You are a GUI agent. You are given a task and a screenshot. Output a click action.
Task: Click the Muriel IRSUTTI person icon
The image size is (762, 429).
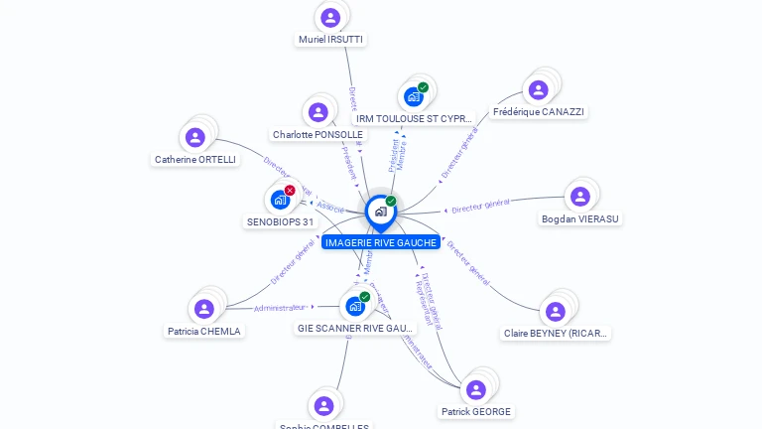pyautogui.click(x=330, y=17)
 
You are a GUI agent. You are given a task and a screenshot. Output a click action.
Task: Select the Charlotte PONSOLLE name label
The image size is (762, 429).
pyautogui.click(x=317, y=135)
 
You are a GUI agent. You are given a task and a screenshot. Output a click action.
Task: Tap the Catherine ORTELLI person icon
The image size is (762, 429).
pyautogui.click(x=195, y=137)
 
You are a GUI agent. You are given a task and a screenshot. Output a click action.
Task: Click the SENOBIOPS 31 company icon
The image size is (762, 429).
pyautogui.click(x=280, y=200)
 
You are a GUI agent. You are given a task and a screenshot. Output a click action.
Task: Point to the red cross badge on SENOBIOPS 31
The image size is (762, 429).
pyautogui.click(x=290, y=190)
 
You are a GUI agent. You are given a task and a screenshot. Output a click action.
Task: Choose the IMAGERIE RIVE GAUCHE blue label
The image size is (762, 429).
pyautogui.click(x=381, y=242)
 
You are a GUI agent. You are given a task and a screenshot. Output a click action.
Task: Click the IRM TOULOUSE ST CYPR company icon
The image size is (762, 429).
pyautogui.click(x=413, y=97)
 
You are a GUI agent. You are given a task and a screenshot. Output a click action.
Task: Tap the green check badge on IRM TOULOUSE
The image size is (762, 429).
pyautogui.click(x=424, y=87)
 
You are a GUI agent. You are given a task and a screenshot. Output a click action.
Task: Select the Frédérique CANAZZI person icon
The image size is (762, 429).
pyautogui.click(x=538, y=90)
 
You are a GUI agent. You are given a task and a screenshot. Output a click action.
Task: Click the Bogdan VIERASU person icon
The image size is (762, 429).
pyautogui.click(x=580, y=197)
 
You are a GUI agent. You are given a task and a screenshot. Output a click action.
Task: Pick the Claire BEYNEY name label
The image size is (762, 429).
pyautogui.click(x=556, y=334)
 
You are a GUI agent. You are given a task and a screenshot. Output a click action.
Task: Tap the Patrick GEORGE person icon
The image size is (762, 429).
pyautogui.click(x=475, y=389)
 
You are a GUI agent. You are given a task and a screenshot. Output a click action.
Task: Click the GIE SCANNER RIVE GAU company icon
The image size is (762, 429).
pyautogui.click(x=354, y=306)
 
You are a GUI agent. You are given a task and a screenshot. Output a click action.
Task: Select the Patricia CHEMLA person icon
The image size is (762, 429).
pyautogui.click(x=204, y=309)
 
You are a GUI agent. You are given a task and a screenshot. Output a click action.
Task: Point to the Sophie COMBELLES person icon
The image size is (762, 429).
pyautogui.click(x=323, y=405)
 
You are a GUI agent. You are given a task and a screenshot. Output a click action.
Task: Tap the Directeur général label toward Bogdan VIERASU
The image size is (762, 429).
pyautogui.click(x=480, y=207)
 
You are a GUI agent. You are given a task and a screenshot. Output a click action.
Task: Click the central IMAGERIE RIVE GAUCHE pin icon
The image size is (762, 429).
pyautogui.click(x=380, y=211)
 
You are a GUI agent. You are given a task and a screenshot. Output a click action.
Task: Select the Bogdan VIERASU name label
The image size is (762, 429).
pyautogui.click(x=581, y=218)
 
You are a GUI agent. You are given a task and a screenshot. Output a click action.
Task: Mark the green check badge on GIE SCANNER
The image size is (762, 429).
pyautogui.click(x=365, y=296)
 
